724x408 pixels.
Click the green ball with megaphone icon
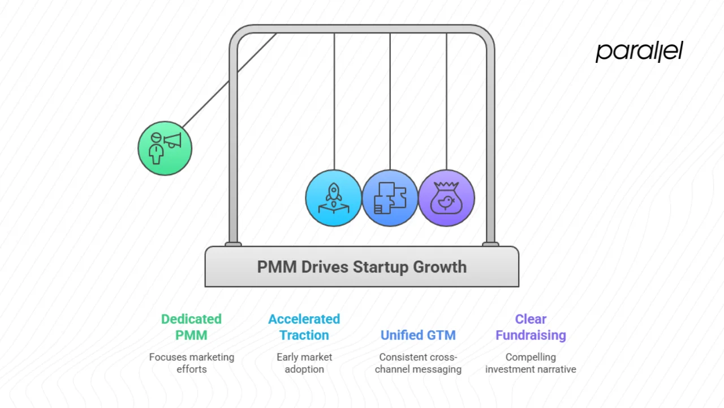pos(165,148)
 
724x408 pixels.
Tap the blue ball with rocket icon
pos(333,198)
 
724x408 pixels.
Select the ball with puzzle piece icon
pos(390,198)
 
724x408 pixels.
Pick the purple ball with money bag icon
pos(446,198)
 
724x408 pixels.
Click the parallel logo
pos(639,51)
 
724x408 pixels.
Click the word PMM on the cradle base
pos(277,267)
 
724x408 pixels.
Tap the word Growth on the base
pos(440,267)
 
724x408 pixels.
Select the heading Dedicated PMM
pos(191,327)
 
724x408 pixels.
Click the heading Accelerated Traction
pos(304,327)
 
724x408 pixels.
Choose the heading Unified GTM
pos(418,335)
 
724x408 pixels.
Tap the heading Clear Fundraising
pos(531,327)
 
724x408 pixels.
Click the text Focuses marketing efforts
pos(191,363)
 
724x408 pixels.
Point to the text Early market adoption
pos(304,363)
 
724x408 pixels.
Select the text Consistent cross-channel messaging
pos(418,363)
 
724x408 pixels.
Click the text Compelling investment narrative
pos(531,363)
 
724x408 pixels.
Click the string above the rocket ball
pos(334,102)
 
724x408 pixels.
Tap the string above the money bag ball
pos(446,102)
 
